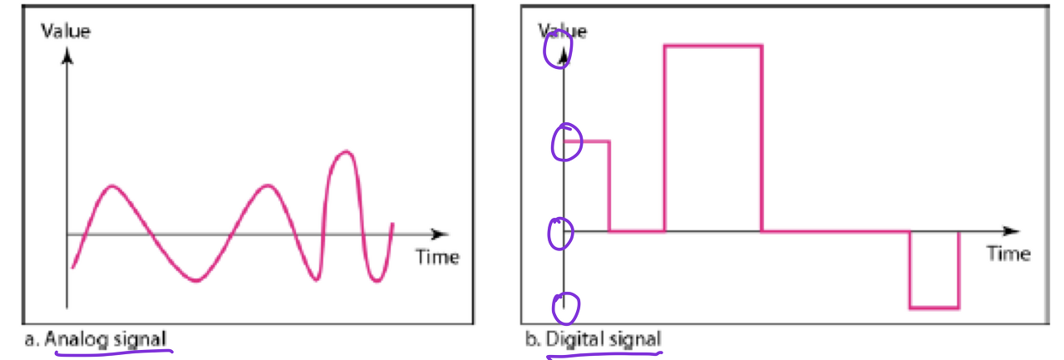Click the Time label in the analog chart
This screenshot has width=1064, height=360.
point(437,257)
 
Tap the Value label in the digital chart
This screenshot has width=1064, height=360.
point(563,32)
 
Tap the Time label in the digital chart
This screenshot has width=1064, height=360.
point(1008,254)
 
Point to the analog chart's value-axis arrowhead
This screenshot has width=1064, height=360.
point(67,57)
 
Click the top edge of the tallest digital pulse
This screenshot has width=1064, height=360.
point(712,46)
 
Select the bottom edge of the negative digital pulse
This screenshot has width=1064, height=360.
point(934,308)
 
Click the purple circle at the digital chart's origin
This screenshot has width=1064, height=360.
point(560,234)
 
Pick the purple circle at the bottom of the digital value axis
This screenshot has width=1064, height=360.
point(565,308)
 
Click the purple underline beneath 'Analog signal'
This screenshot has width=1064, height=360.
point(112,353)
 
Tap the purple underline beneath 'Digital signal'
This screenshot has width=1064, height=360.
point(604,354)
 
